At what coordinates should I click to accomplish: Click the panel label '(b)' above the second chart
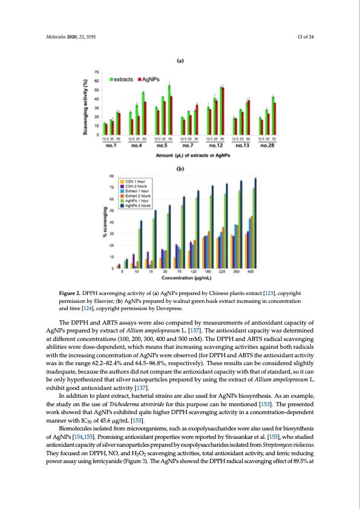pos(180,169)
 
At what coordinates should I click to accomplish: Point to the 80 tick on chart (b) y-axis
pos(111,176)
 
